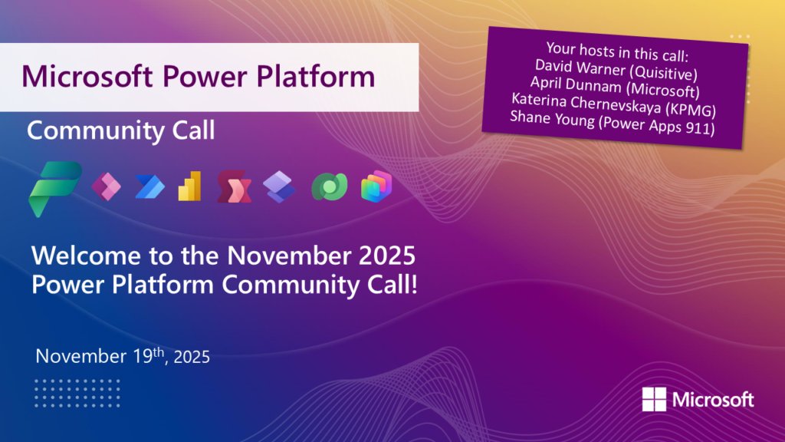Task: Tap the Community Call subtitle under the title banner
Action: pos(120,130)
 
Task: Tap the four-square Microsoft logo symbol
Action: pos(654,400)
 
